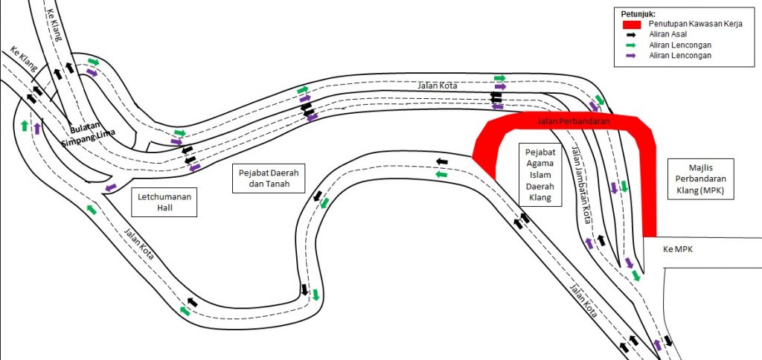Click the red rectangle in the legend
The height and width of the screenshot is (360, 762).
click(633, 24)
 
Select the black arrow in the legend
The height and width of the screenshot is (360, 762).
click(631, 35)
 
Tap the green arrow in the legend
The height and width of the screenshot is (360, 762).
click(631, 45)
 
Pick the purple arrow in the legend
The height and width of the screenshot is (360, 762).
click(631, 55)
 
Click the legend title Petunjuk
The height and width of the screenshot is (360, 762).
click(638, 14)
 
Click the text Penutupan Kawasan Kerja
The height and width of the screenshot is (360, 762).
click(696, 25)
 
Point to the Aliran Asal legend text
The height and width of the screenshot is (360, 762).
click(667, 34)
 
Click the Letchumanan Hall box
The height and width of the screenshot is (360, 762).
click(164, 202)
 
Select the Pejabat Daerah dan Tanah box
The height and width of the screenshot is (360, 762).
click(269, 178)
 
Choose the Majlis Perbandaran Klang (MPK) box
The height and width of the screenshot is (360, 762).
click(700, 179)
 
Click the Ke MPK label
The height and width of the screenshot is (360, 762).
click(677, 249)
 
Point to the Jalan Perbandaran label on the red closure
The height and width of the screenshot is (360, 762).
click(574, 121)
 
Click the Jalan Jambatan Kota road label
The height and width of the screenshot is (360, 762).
click(581, 185)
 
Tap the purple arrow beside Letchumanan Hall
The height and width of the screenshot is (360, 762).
click(111, 187)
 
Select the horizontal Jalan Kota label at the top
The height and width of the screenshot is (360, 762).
click(438, 86)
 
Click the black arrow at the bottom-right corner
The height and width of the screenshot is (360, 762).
click(668, 340)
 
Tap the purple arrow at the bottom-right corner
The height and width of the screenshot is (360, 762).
click(658, 345)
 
